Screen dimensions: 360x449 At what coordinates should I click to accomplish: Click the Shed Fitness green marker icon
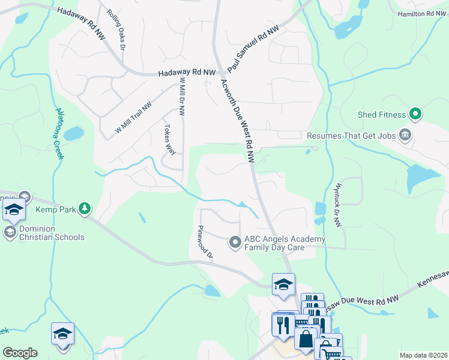click(x=415, y=113)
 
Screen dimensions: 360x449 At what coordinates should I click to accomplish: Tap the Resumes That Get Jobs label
click(x=351, y=136)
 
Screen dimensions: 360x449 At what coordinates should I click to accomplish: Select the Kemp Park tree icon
click(x=85, y=208)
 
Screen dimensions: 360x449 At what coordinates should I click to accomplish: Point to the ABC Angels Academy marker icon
click(x=235, y=242)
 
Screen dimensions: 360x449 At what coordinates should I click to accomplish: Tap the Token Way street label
click(x=170, y=139)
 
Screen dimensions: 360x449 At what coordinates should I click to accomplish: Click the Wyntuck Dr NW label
click(x=338, y=205)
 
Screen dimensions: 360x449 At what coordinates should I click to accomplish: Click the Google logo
click(x=20, y=352)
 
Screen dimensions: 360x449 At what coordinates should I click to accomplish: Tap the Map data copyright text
click(x=424, y=355)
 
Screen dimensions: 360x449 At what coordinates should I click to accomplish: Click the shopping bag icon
click(x=306, y=339)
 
